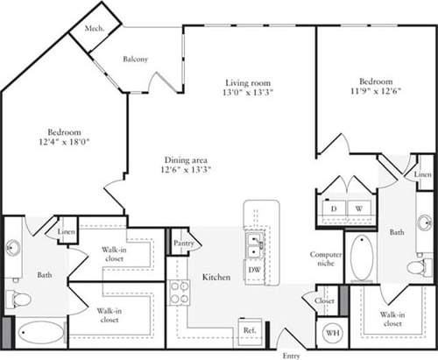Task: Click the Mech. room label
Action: pyautogui.click(x=95, y=27)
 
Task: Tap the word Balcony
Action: pyautogui.click(x=134, y=59)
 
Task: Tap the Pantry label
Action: pyautogui.click(x=183, y=243)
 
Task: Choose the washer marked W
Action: pyautogui.click(x=359, y=208)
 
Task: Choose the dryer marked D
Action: pyautogui.click(x=335, y=208)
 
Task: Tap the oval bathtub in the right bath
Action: pyautogui.click(x=362, y=257)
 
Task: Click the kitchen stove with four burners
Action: pyautogui.click(x=180, y=292)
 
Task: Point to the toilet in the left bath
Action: pyautogui.click(x=18, y=300)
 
